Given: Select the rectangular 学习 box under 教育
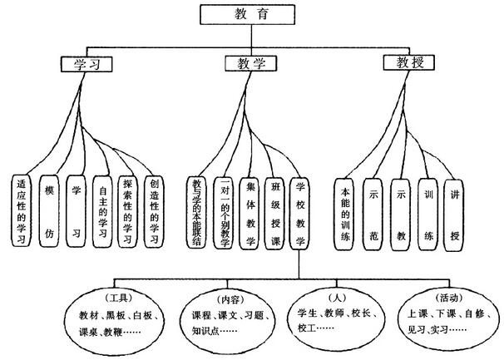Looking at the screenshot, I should tap(86, 63).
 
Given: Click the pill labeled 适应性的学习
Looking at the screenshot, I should tap(23, 211).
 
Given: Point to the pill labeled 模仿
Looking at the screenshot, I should tap(50, 211).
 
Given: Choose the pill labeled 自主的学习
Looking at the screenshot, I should tap(102, 211).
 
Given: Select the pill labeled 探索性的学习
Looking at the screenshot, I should tap(127, 211).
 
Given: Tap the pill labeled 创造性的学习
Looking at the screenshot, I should tap(152, 211).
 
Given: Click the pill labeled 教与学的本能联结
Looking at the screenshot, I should tap(198, 211).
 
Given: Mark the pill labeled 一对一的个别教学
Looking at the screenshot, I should tap(224, 211).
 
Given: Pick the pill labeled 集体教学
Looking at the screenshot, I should tap(250, 211).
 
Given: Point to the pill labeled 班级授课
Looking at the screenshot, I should tap(275, 211).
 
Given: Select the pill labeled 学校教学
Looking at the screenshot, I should tap(301, 211).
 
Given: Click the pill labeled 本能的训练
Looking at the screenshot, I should tap(347, 213).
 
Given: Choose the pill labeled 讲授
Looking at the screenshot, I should tap(453, 213).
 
